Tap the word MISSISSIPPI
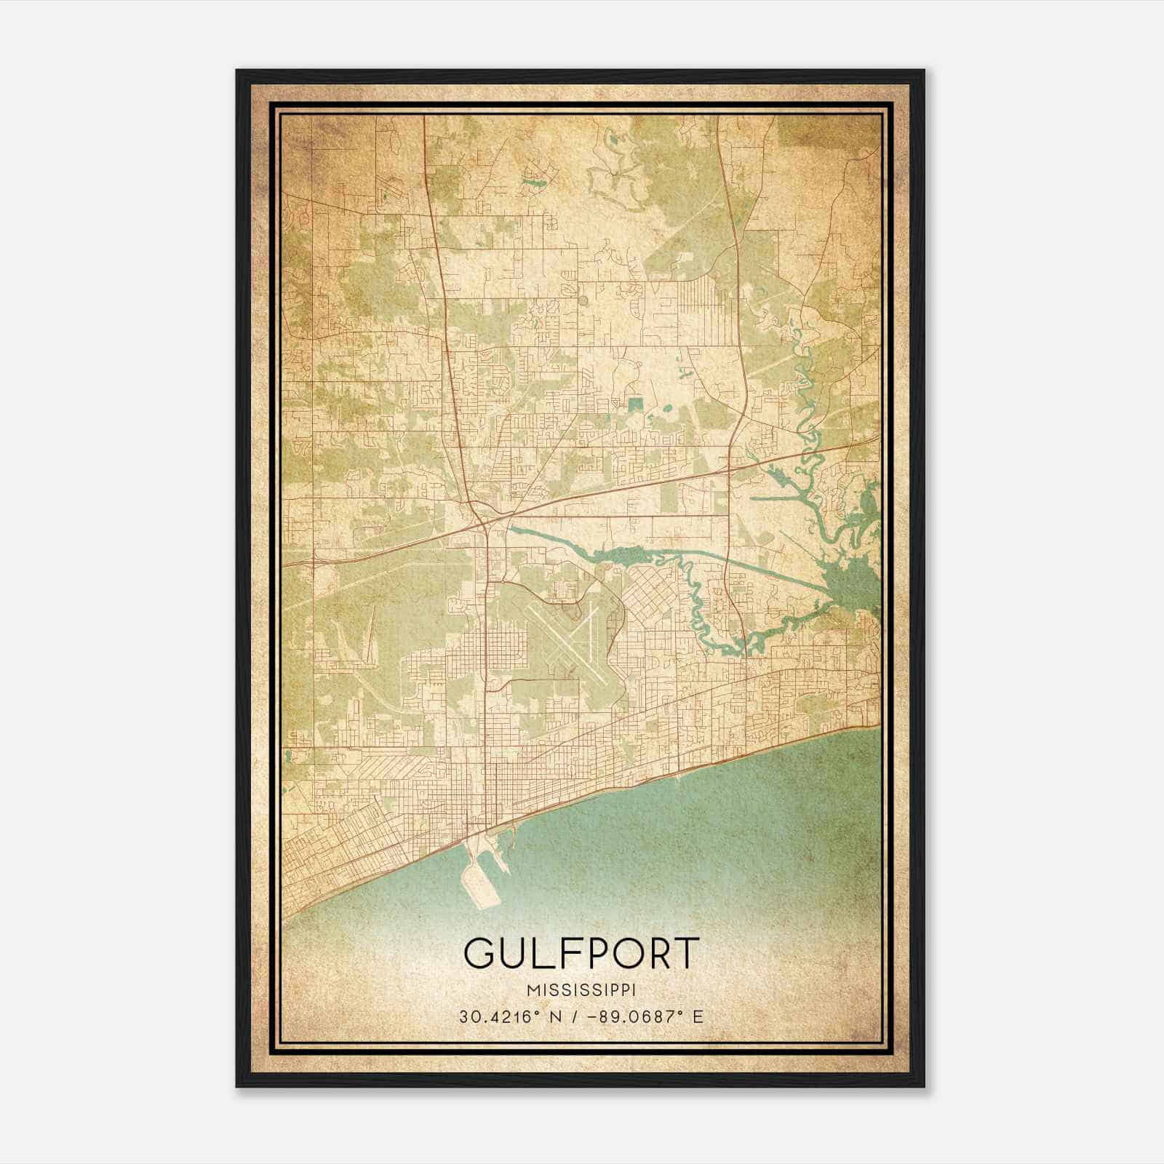click(x=581, y=990)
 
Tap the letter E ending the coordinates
click(x=698, y=1017)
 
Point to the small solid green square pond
click(x=637, y=402)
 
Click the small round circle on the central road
click(x=581, y=298)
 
